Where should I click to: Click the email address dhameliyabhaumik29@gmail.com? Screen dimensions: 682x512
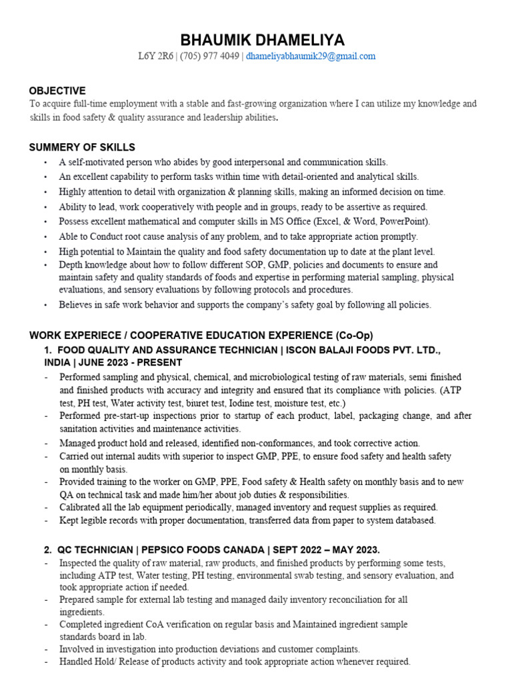click(x=311, y=57)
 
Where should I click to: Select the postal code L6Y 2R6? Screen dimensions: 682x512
click(x=155, y=57)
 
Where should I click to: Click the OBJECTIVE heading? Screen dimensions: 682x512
click(x=57, y=91)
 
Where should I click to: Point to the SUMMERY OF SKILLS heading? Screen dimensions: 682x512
click(x=82, y=147)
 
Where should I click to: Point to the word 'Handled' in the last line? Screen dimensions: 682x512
click(x=76, y=662)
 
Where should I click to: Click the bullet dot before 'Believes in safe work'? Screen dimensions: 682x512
click(x=45, y=305)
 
